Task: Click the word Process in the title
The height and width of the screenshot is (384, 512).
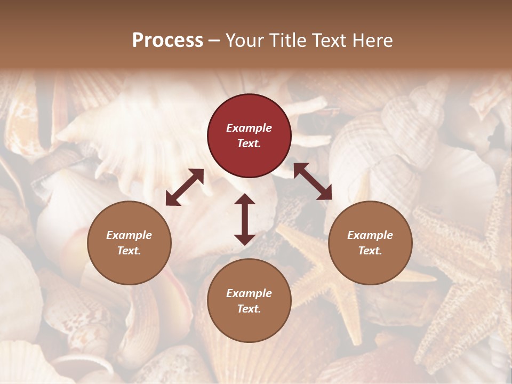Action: pos(167,41)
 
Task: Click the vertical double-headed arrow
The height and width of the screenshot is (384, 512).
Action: pos(245,220)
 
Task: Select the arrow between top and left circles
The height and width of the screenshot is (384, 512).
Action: pos(185,187)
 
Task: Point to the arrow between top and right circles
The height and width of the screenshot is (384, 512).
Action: pos(313,181)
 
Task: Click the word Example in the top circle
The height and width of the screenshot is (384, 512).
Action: pos(249,128)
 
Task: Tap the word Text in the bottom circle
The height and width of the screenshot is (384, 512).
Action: pos(248,309)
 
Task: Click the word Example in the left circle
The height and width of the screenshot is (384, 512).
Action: pos(129,235)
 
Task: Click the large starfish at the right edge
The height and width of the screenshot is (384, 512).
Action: pos(469,277)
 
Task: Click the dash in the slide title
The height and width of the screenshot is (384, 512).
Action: pos(214,41)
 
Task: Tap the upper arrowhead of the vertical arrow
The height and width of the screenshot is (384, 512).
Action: pos(245,201)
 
